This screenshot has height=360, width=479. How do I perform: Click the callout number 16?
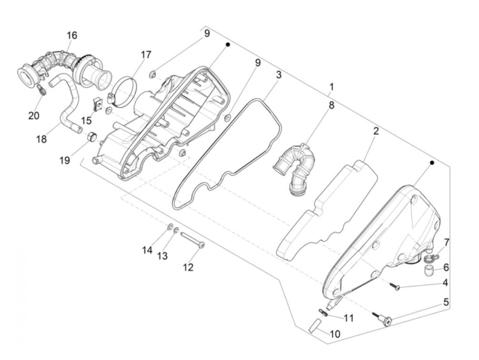[72, 35]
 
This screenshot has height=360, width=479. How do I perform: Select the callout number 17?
[146, 55]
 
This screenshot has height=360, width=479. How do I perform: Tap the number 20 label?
[34, 116]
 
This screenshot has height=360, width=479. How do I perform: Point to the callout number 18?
[41, 139]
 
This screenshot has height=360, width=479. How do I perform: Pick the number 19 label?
[65, 160]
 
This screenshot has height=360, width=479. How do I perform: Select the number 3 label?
[279, 75]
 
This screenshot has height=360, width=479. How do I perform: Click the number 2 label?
[376, 131]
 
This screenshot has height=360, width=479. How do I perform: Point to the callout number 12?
[188, 267]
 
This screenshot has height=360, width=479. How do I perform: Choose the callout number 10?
[335, 334]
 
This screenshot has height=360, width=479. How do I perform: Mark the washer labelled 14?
[170, 227]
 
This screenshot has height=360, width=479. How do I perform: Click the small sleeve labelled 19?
[92, 137]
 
